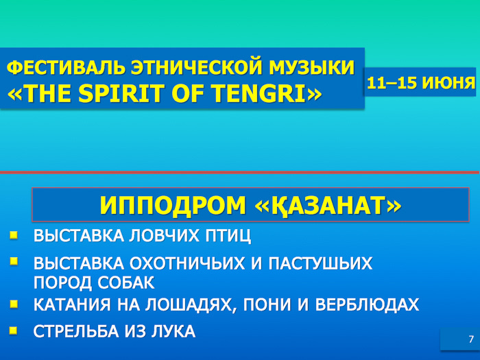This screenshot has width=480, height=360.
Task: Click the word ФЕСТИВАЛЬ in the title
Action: pos(66,68)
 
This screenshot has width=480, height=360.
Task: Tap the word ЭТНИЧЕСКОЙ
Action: pos(197,68)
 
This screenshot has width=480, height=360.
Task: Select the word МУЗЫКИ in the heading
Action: pos(312,68)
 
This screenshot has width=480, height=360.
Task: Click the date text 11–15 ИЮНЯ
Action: pos(421,83)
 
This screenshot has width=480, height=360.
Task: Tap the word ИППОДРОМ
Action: pos(173,206)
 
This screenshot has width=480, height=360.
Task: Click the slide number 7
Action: pos(471,339)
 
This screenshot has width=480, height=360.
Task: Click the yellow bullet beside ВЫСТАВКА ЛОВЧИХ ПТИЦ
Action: pos(14,235)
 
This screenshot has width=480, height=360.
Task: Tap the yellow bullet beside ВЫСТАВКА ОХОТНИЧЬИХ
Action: pos(14,261)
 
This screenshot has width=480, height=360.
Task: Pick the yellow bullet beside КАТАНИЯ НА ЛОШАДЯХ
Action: pos(14,304)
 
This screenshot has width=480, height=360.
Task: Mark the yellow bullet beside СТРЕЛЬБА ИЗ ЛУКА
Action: pos(14,331)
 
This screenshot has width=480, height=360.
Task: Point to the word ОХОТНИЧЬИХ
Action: pos(187,263)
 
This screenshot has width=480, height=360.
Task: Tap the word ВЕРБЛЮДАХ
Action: pos(367,304)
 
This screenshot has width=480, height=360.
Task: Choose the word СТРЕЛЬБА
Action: pos(76,331)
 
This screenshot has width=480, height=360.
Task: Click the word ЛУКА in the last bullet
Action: pos(173,331)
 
